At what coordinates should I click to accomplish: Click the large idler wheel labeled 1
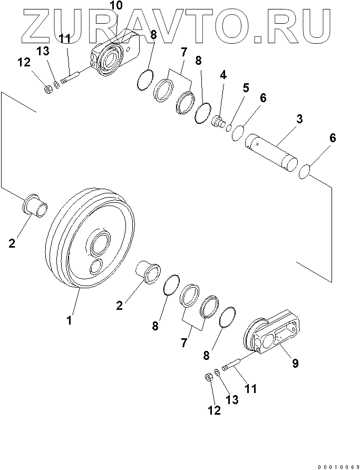90,239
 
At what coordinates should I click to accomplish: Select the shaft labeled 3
271,153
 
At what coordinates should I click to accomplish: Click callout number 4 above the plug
223,75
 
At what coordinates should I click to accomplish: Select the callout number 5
246,88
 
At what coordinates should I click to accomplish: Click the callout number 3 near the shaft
299,119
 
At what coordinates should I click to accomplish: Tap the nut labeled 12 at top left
47,90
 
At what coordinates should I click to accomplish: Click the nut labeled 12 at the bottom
208,377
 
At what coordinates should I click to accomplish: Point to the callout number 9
295,363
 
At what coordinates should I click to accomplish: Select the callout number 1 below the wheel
69,320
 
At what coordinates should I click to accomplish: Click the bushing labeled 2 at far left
35,205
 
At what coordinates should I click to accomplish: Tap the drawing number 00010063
338,467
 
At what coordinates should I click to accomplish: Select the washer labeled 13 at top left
56,85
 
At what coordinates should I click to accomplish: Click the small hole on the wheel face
96,266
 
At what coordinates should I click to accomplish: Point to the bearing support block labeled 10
115,53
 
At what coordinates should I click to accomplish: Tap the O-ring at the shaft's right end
305,172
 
